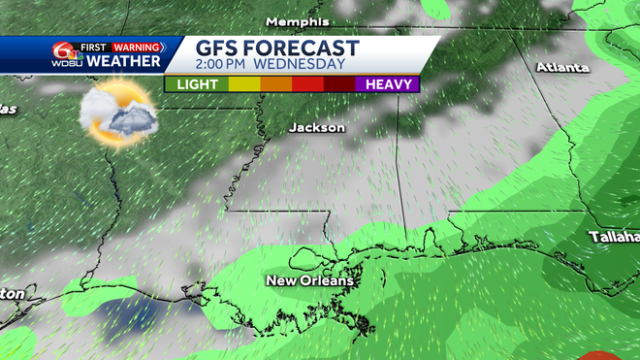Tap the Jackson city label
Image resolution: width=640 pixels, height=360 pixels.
click(x=316, y=127)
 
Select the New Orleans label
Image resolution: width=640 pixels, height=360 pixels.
click(x=309, y=281)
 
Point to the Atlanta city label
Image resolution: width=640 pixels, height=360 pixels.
click(x=564, y=67)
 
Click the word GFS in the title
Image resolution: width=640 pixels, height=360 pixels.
click(x=217, y=48)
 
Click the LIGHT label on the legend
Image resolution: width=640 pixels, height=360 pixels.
click(x=197, y=84)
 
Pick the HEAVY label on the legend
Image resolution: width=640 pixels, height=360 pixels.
click(x=388, y=84)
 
